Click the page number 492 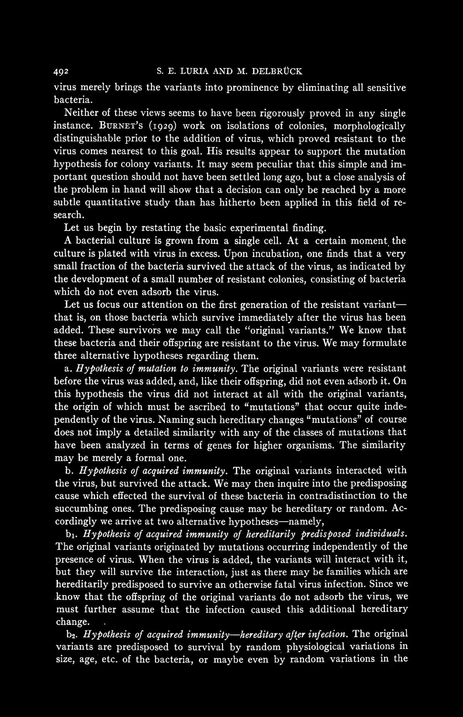coord(61,71)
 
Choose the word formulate coord(384,343)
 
